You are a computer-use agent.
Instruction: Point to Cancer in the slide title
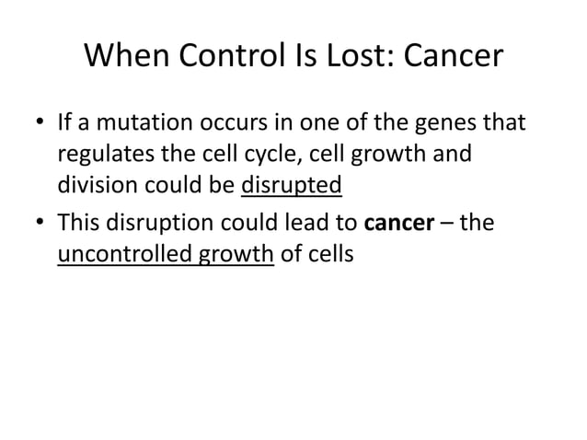(451, 57)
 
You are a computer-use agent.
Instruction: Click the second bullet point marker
(40, 224)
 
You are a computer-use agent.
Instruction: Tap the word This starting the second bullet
(80, 223)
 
